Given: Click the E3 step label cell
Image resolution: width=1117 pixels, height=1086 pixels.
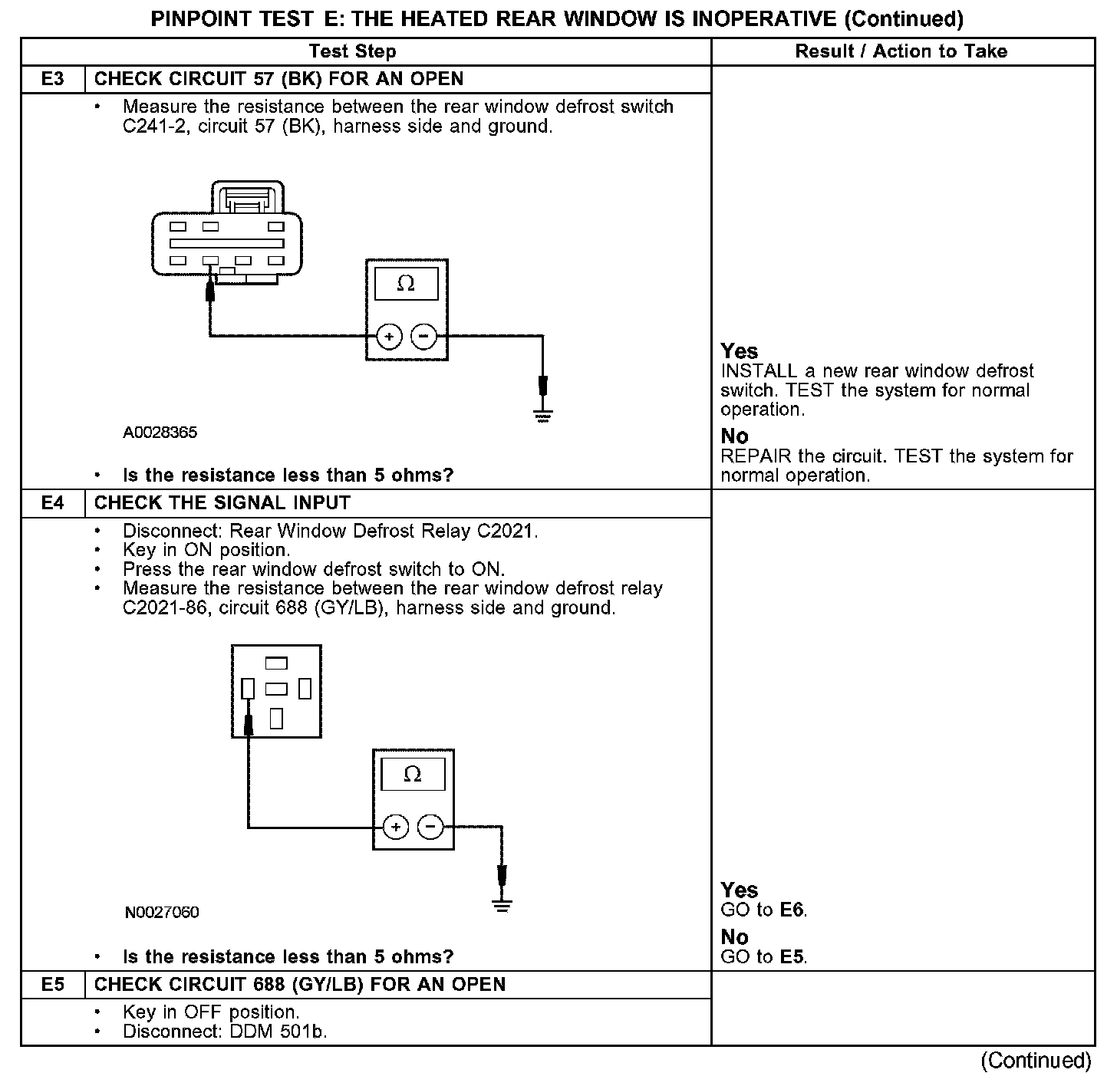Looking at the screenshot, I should tap(53, 79).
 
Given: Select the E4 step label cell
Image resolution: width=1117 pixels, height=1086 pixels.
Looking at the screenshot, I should tap(53, 503).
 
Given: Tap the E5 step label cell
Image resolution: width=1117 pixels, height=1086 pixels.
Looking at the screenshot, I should tap(53, 985).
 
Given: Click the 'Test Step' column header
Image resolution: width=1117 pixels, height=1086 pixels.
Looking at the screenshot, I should tap(353, 51).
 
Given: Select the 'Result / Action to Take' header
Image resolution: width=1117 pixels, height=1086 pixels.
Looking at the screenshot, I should tap(901, 51).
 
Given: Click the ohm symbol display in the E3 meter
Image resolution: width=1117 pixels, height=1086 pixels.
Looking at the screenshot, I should tap(406, 284).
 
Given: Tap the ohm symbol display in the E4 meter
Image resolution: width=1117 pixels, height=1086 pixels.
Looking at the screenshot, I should tap(413, 774).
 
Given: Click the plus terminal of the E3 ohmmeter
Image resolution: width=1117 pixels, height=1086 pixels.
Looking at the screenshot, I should tap(390, 336).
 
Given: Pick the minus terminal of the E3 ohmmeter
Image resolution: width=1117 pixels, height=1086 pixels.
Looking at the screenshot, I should tap(423, 336).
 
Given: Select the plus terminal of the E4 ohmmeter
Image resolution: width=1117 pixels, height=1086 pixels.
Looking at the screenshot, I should tap(396, 827).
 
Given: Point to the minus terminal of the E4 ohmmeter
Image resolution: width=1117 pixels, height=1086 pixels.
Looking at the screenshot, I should tap(430, 827).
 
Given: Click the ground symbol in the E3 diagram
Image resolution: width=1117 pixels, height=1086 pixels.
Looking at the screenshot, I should tap(542, 417).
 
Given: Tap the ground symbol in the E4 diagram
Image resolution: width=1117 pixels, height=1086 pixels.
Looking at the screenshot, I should tap(502, 906).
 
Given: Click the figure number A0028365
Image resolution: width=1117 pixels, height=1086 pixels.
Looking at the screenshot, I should tap(160, 433).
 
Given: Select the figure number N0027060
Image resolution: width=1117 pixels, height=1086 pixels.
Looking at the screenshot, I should tap(162, 912).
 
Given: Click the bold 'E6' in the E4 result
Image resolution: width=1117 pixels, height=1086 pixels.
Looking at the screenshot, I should tap(792, 910).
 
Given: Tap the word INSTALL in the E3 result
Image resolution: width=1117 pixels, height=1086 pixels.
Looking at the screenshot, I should tap(759, 371).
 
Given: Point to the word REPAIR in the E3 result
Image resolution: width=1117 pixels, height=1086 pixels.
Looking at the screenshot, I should tap(756, 456).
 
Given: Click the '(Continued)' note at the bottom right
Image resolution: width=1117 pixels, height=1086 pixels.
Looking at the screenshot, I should tap(1036, 1060).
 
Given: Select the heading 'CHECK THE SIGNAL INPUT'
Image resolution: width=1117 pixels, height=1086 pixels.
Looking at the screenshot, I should tap(222, 503).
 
